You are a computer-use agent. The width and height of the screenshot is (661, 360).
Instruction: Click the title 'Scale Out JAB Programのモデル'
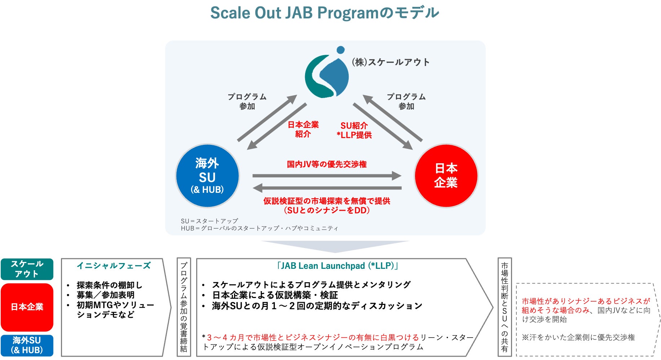point(325,13)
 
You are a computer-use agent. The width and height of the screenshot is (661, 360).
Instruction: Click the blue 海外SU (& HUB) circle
point(207,176)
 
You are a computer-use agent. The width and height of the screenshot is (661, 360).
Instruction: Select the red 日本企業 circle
point(446,175)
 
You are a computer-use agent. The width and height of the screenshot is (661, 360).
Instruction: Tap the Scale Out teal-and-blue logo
point(327,74)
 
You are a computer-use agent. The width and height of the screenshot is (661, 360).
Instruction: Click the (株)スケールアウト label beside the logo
point(391,62)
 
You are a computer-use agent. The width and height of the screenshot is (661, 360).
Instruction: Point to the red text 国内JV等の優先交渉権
point(327,164)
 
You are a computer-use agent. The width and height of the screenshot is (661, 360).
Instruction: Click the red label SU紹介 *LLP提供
point(354,130)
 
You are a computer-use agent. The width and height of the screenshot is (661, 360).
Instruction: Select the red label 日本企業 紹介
point(303,129)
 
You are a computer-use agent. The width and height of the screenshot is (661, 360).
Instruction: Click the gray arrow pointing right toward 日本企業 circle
point(327,176)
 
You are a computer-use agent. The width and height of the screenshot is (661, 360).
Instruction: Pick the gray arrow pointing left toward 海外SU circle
point(327,188)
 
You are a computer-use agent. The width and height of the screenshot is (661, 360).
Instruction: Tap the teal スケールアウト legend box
point(27,269)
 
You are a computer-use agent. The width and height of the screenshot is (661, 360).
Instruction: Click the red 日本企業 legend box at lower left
point(27,307)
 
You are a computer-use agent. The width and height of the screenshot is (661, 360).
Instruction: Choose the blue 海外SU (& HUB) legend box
point(27,345)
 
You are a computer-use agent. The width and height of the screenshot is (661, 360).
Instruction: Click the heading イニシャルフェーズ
point(114,266)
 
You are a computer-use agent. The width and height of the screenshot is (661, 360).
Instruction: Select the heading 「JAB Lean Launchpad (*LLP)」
point(337,266)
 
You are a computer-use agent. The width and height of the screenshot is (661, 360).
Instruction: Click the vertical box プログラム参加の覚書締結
point(184,307)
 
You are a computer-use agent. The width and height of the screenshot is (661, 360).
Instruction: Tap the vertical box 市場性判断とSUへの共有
point(504,307)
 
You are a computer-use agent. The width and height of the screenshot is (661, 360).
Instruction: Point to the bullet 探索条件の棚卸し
point(109,285)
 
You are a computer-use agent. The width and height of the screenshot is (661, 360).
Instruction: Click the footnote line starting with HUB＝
point(259,228)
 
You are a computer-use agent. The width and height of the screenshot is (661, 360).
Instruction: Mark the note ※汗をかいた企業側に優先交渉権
point(578,338)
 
